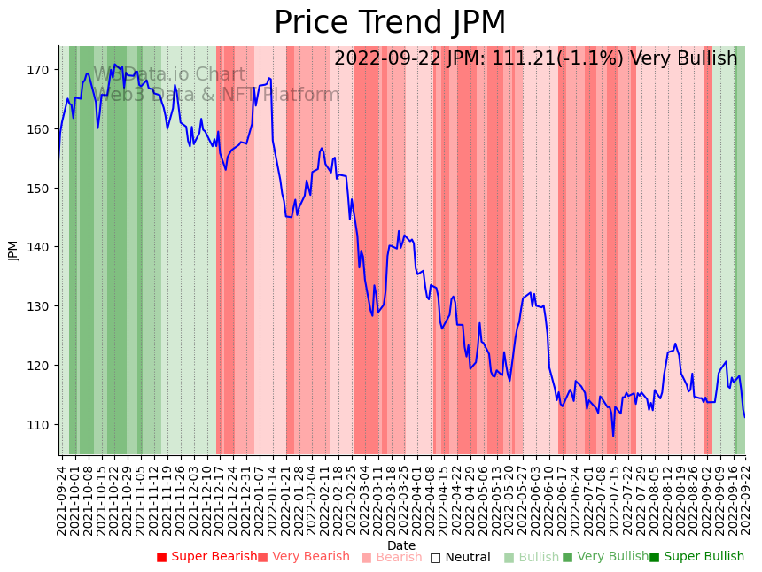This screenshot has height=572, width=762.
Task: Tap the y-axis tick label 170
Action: click(x=41, y=70)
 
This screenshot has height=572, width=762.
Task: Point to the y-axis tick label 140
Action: click(x=41, y=247)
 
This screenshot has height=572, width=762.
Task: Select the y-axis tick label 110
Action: click(x=41, y=425)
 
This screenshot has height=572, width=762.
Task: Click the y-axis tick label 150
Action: click(x=41, y=189)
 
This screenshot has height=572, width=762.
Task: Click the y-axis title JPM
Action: click(x=13, y=251)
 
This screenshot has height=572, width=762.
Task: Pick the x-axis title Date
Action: click(x=401, y=545)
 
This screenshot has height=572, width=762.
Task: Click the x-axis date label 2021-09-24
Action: click(x=62, y=499)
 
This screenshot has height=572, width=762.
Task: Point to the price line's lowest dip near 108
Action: click(x=613, y=436)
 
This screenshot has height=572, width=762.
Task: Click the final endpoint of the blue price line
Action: click(x=744, y=417)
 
